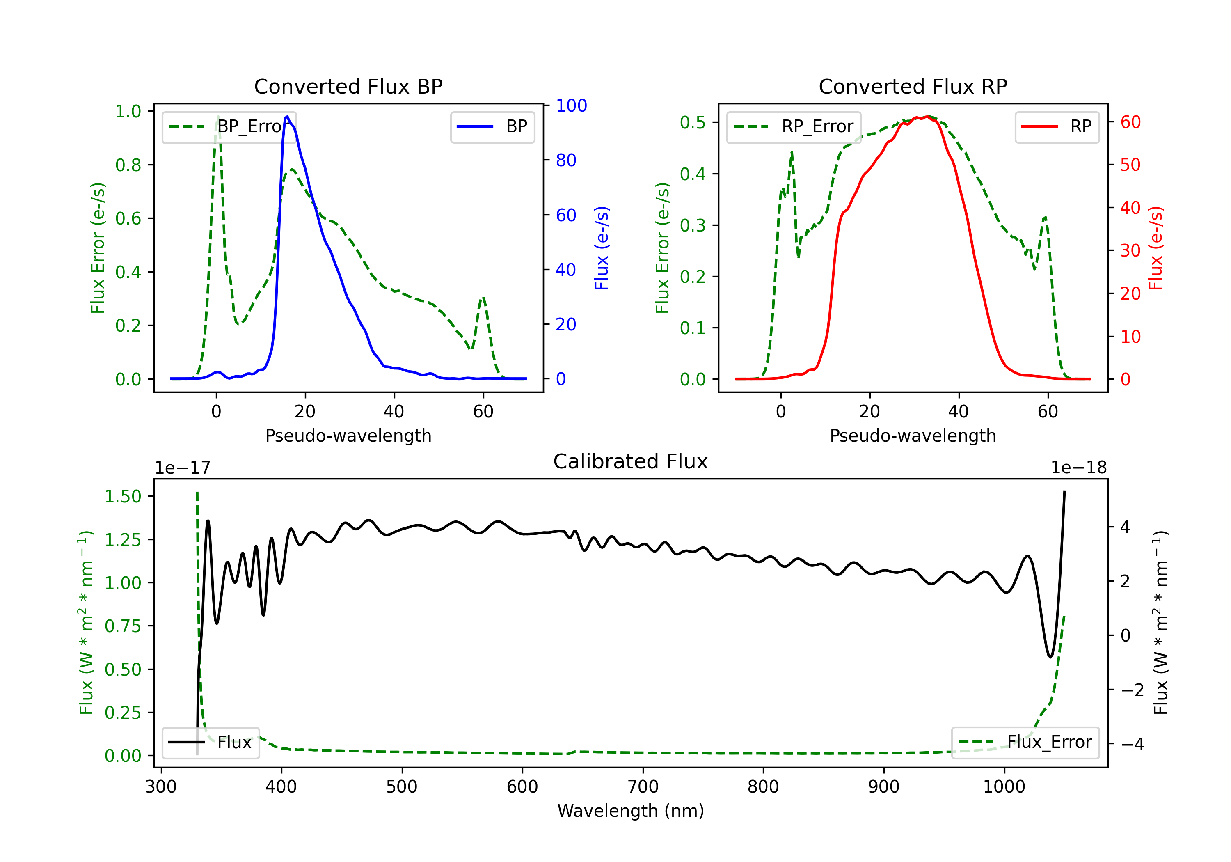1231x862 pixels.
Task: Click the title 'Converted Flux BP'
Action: pos(348,86)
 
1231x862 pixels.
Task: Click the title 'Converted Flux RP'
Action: pos(913,86)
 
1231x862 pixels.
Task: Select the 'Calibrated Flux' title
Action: pos(631,461)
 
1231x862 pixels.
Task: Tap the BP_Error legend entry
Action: pos(229,126)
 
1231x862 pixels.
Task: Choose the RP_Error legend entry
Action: pos(794,126)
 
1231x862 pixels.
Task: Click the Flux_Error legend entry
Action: pos(1025,743)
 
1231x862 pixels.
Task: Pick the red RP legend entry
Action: pos(1057,126)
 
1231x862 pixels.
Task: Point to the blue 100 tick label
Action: pos(572,105)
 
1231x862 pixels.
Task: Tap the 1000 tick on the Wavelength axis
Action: pos(1004,787)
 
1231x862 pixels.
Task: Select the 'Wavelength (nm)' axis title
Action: pos(631,811)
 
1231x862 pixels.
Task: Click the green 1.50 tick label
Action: pos(123,497)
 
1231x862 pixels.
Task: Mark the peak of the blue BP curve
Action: pos(287,117)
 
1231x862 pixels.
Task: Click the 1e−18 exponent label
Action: pos(1079,468)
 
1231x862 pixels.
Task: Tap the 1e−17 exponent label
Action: pos(183,468)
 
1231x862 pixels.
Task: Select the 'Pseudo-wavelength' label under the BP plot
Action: pos(348,436)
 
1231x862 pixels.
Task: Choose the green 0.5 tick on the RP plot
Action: pos(693,122)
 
